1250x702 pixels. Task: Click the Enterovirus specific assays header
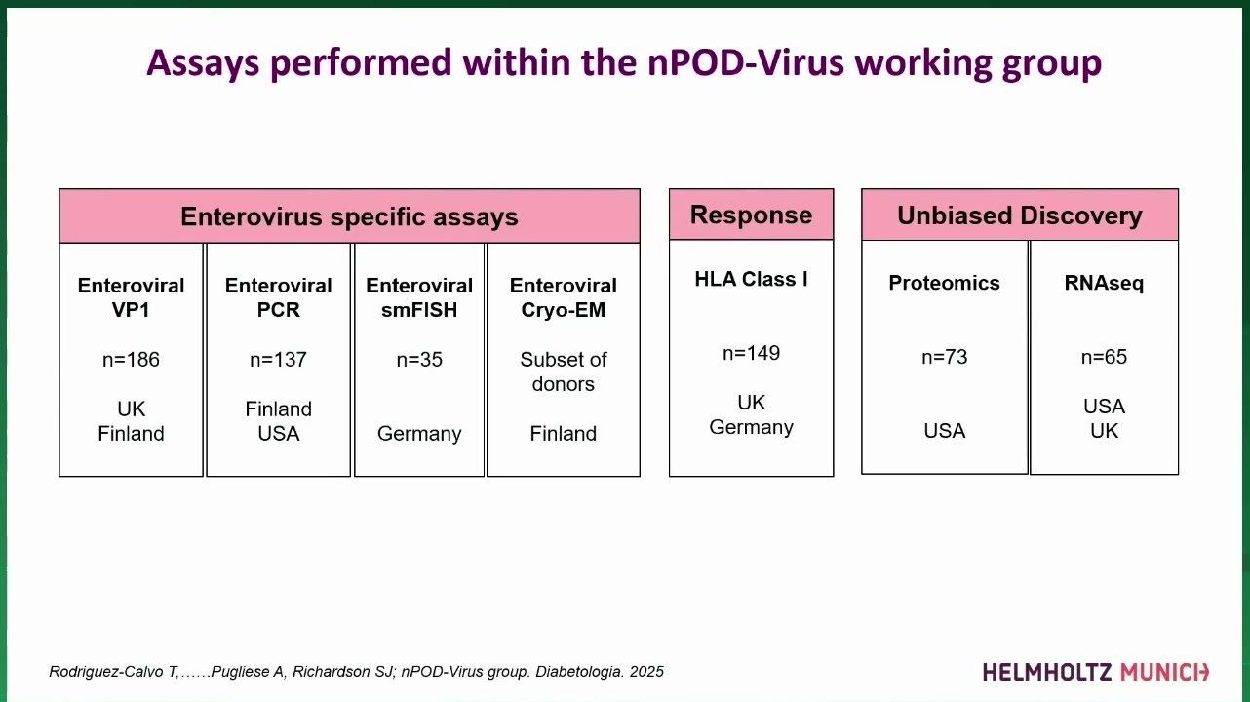(349, 215)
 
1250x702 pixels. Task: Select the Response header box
(751, 214)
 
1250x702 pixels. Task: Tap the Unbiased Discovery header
(1020, 214)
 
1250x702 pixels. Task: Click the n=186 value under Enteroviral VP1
(131, 360)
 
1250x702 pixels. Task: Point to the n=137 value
(279, 360)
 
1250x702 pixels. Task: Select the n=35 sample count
(419, 360)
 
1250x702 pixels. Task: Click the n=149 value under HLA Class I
(751, 353)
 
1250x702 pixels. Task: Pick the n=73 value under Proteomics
(944, 357)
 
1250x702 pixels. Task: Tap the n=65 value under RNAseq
(1104, 357)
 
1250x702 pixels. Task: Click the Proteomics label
(944, 283)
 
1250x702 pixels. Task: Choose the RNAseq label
(1104, 283)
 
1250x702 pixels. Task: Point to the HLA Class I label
(751, 279)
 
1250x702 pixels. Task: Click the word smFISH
(419, 310)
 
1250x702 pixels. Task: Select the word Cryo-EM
(563, 310)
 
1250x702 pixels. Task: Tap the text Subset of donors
(563, 371)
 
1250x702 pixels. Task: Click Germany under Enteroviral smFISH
(419, 434)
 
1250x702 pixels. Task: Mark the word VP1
(131, 310)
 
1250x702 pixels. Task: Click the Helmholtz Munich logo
(1096, 672)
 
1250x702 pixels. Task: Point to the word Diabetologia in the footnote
(579, 672)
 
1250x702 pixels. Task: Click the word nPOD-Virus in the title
(746, 62)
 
